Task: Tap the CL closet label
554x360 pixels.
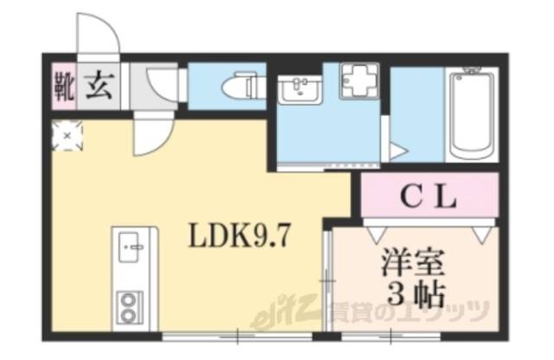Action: coord(428,198)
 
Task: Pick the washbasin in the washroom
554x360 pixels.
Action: coord(301,88)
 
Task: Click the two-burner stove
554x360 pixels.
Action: coord(132,303)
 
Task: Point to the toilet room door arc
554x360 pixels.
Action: coord(164,87)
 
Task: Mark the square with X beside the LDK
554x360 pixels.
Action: coord(67,136)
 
